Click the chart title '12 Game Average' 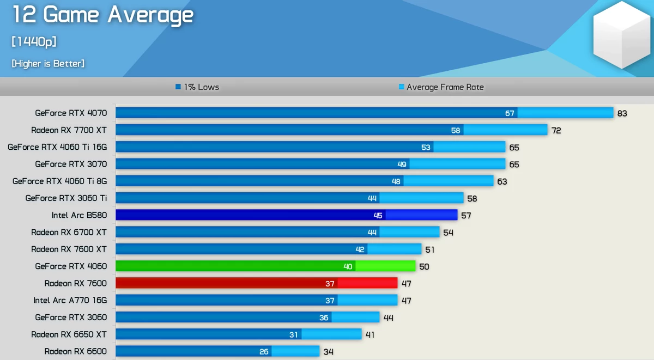click(x=102, y=15)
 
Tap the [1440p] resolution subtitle click(x=34, y=42)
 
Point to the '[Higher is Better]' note click(x=48, y=64)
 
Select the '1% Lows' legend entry click(x=197, y=87)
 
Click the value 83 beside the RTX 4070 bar click(x=622, y=113)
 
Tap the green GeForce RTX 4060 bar click(x=265, y=266)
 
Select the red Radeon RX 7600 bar click(x=256, y=283)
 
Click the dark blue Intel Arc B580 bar click(x=286, y=215)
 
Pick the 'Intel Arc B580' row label click(x=79, y=215)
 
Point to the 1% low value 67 click(x=510, y=113)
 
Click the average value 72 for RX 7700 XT click(x=556, y=131)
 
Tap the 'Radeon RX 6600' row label click(x=75, y=351)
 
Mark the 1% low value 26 click(x=264, y=352)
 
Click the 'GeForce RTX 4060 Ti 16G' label click(x=57, y=147)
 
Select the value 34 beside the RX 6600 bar click(x=328, y=352)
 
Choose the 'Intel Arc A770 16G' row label click(x=70, y=300)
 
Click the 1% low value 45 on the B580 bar click(x=378, y=216)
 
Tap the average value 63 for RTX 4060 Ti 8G click(x=502, y=181)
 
